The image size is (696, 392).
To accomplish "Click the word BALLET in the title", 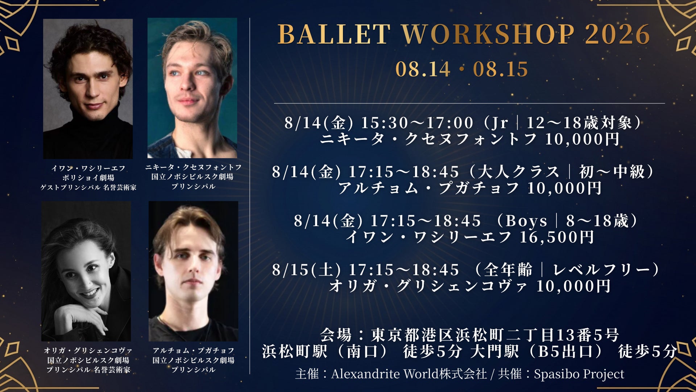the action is pos(334,34).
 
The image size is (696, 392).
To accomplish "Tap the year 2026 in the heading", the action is pos(617,34).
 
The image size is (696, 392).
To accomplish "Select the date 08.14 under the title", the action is pos(423,69).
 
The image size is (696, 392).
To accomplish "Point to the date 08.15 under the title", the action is pos(501,69).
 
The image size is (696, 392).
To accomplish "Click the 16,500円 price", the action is pos(557,237).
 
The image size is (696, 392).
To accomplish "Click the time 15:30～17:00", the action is pos(417,123).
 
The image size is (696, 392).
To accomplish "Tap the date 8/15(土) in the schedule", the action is pos(307,270).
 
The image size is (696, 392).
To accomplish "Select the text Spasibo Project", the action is pos(579,374).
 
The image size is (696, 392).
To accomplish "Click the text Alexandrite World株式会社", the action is pos(409,374).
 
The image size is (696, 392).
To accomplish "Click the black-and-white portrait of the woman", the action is pos(86,271).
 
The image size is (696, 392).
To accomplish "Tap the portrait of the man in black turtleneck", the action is pos(88,89).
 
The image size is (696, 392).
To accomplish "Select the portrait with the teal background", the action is pos(192,88).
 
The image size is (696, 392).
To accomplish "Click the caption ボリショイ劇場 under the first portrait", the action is pos(88,178).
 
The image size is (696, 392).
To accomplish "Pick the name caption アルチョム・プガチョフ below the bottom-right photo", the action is pos(194,351).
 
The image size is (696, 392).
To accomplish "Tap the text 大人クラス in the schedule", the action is pos(518,172).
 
